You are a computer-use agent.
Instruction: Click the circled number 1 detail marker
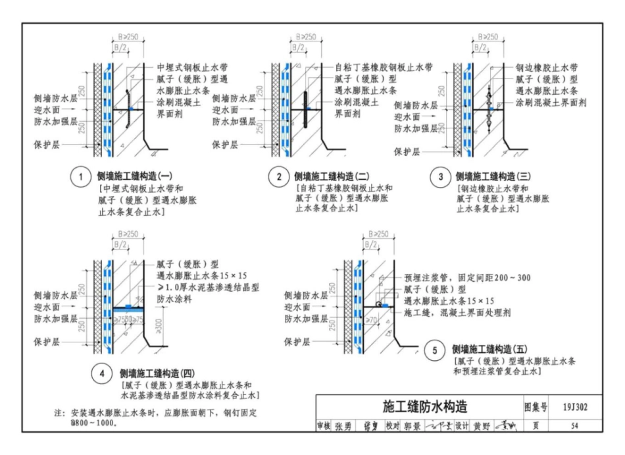click(x=79, y=177)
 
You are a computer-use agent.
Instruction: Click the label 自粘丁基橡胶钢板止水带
click(x=384, y=67)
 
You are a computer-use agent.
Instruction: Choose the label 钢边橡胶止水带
click(x=547, y=67)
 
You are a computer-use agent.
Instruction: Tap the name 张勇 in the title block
click(x=344, y=426)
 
